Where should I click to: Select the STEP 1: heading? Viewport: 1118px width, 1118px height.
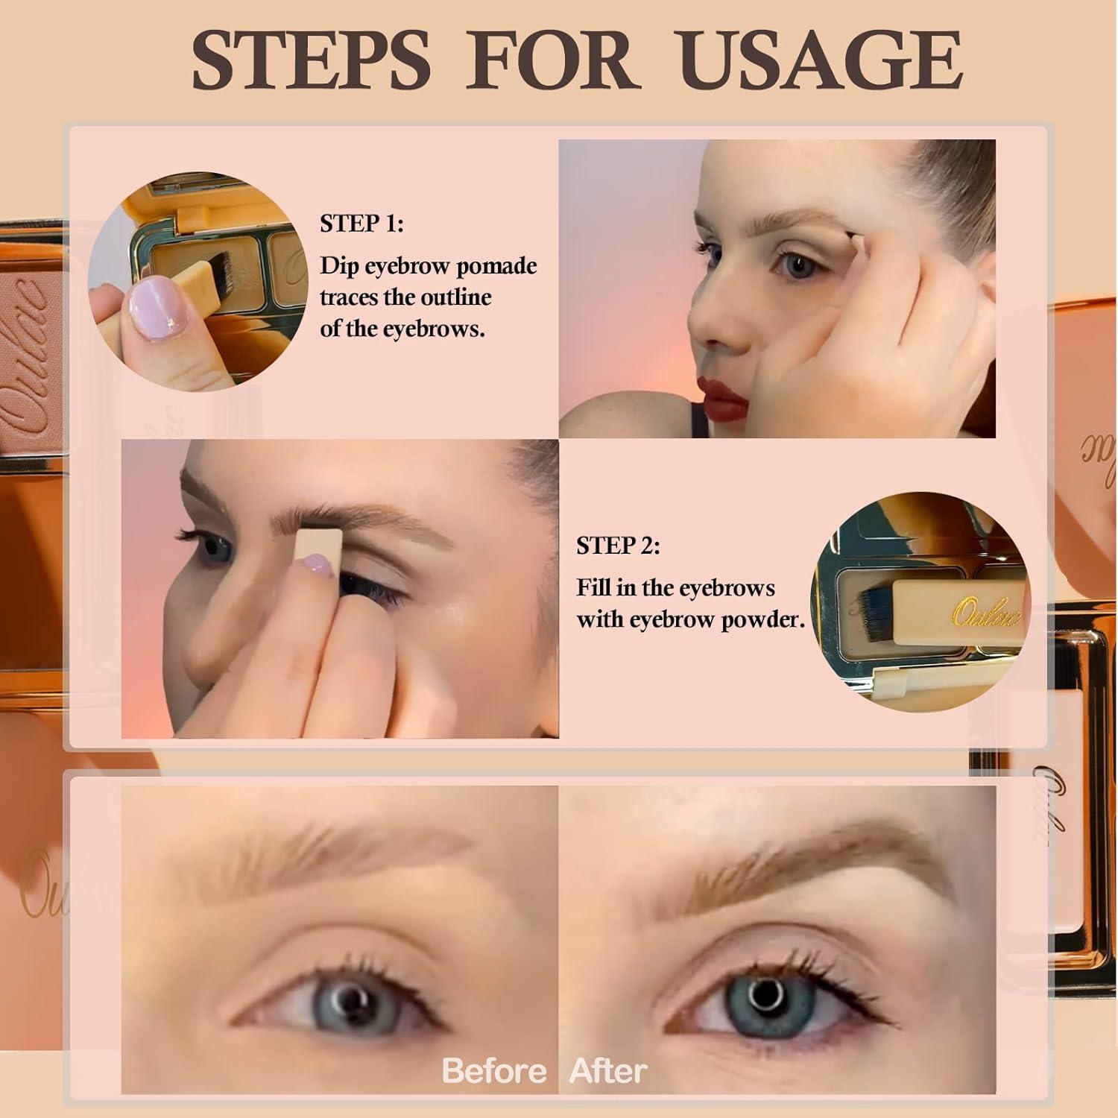tap(361, 224)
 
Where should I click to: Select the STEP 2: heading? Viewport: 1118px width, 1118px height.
tap(618, 546)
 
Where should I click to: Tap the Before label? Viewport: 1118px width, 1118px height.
tap(494, 1071)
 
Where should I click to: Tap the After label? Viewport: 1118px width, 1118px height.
tap(608, 1071)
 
